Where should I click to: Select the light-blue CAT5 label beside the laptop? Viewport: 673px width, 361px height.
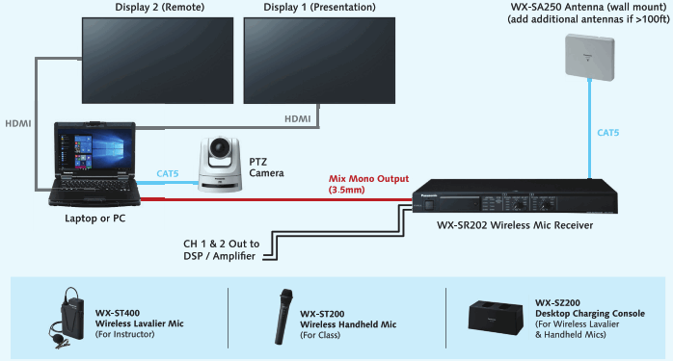click(x=173, y=174)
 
